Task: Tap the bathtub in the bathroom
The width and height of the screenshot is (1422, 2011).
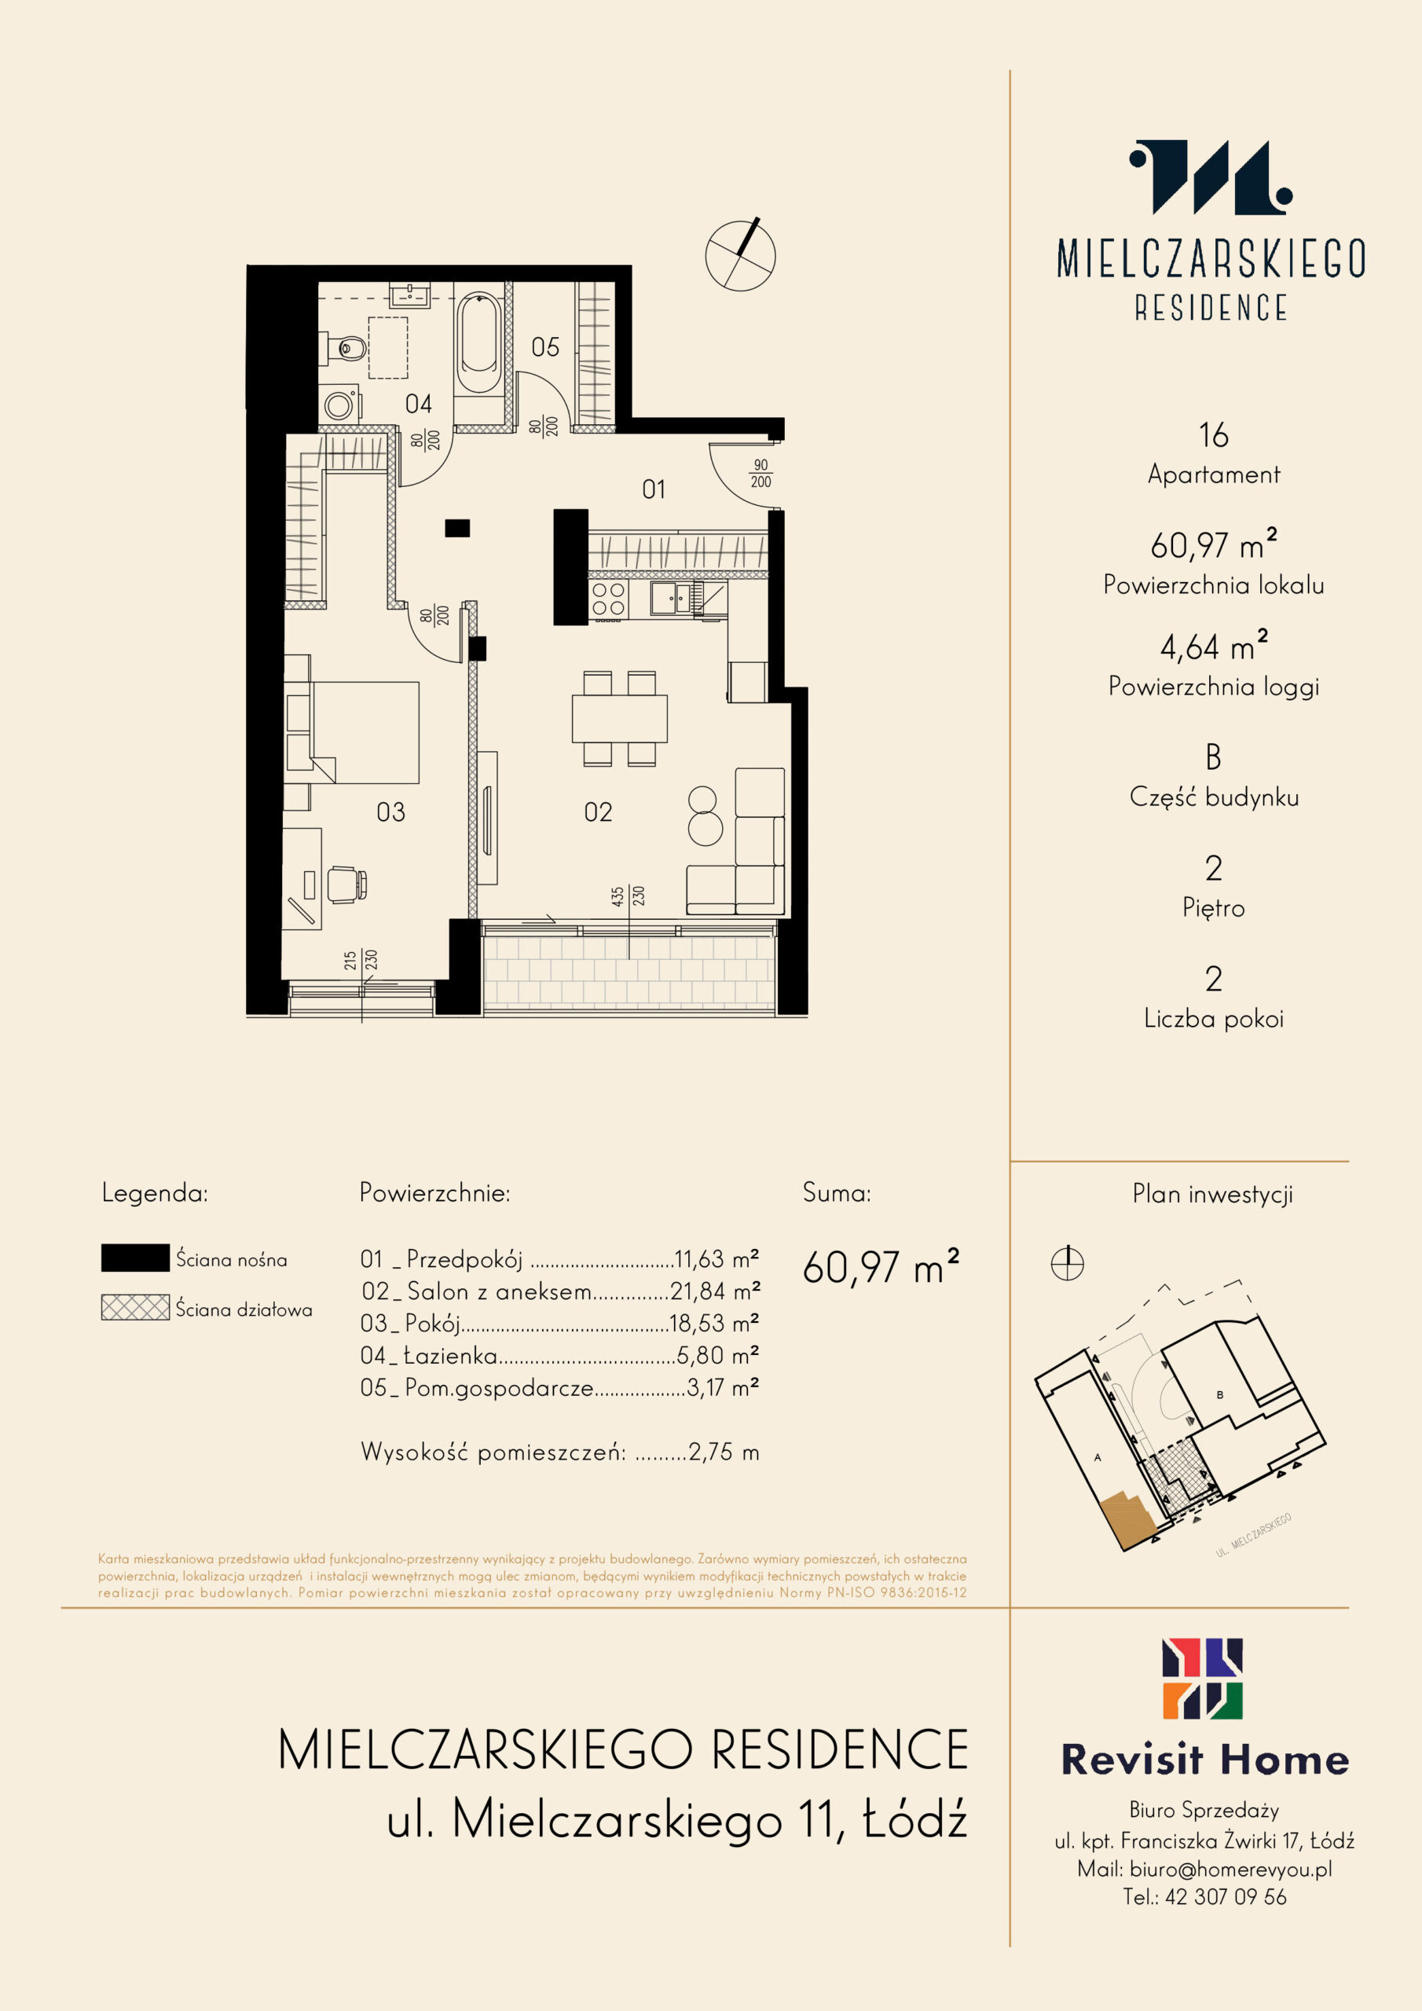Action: click(x=478, y=343)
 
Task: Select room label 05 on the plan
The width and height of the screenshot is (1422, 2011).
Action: click(x=545, y=348)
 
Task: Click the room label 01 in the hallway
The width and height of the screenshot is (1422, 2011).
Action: click(x=654, y=489)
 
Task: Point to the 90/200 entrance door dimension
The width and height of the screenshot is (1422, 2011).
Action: click(x=760, y=474)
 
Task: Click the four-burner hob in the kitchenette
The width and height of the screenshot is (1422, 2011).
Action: click(x=608, y=600)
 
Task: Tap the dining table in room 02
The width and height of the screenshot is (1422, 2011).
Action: click(x=619, y=718)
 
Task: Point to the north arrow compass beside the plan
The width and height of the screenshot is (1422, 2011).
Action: click(x=740, y=255)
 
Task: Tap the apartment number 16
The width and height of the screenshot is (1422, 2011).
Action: click(x=1214, y=435)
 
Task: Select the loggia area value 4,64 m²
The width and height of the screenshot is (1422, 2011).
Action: click(x=1214, y=647)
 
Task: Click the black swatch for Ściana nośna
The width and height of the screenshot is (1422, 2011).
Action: click(x=135, y=1258)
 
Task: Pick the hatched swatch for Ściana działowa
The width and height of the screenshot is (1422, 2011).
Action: click(x=135, y=1308)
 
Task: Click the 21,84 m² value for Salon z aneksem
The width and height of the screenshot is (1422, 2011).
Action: click(x=715, y=1291)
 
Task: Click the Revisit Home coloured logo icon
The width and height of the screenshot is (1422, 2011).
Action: click(x=1202, y=1679)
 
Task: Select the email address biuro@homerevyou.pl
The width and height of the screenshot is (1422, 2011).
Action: click(x=1230, y=1868)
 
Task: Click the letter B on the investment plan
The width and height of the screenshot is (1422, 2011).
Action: click(x=1219, y=1395)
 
